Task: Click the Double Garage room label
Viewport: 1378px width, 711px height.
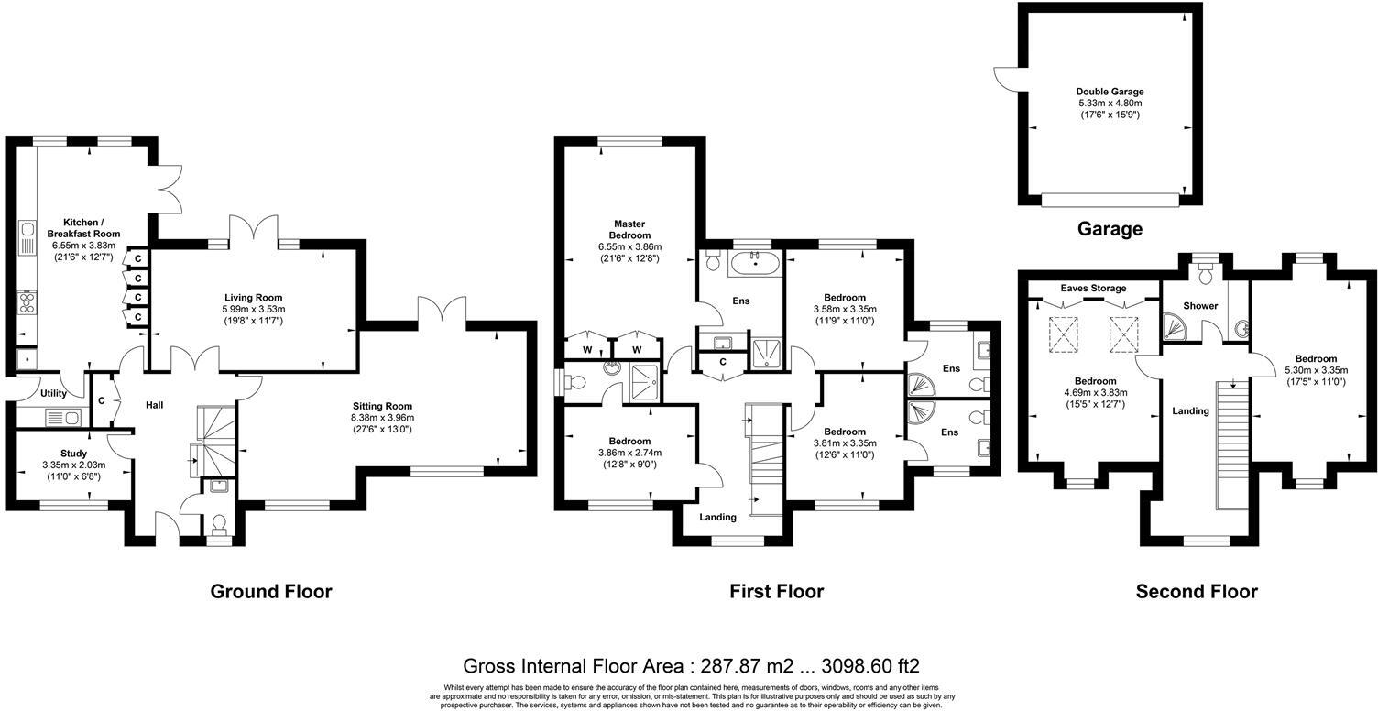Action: coord(1110,92)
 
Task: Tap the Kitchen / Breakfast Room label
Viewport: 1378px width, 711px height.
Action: coord(83,228)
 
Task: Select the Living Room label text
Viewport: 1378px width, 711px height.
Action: coord(254,298)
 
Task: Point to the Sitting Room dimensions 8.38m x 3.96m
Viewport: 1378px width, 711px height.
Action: coord(383,418)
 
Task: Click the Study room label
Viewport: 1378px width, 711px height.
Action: coord(74,454)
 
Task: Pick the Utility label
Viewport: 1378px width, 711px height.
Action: coord(53,394)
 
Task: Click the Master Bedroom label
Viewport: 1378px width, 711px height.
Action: coord(629,229)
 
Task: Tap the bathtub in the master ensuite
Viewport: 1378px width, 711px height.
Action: coord(755,264)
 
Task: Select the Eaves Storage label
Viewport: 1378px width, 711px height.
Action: coord(1093,288)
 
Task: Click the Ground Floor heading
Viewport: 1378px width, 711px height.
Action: coord(271,592)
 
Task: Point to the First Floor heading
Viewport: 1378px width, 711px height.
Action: coord(776,592)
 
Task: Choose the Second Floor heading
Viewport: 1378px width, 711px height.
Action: coord(1197,592)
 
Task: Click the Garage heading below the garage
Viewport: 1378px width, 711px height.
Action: coord(1110,229)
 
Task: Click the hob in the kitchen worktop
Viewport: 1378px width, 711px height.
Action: coord(27,301)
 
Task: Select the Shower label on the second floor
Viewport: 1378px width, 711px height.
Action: coord(1200,306)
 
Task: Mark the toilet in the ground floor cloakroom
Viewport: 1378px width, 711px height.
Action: coord(218,526)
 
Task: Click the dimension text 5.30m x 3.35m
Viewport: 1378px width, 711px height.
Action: coord(1316,370)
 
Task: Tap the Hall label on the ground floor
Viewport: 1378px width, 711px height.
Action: coord(155,405)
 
